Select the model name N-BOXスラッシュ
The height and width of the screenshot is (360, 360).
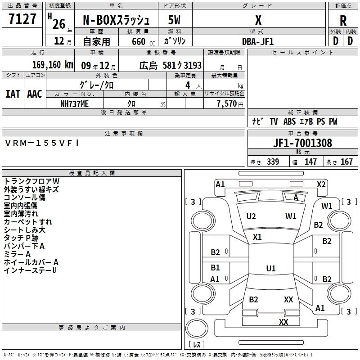click(x=119, y=20)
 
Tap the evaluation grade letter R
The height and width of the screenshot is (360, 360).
click(x=343, y=20)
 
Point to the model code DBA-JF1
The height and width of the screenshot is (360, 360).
click(x=257, y=41)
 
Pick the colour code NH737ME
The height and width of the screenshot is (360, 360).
click(x=75, y=103)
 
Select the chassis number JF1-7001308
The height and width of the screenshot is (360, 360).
click(x=302, y=143)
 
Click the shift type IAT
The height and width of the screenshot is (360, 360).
click(x=12, y=94)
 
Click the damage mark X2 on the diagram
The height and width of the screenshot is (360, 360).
click(x=321, y=184)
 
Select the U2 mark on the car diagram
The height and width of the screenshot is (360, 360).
click(x=251, y=216)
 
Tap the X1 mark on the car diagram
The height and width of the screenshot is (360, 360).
click(x=257, y=237)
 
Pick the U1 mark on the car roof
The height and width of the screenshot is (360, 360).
click(x=270, y=268)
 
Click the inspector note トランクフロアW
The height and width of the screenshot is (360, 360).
click(x=31, y=181)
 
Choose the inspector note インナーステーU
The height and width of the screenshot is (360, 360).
click(x=30, y=270)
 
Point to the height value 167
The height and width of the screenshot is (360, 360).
click(x=347, y=162)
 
